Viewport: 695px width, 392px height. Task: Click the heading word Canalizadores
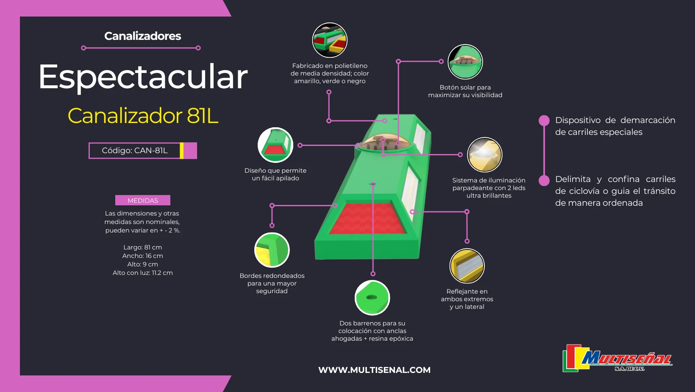pos(142,36)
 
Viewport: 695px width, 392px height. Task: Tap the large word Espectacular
pos(143,77)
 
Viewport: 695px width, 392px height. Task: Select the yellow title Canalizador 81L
pos(143,115)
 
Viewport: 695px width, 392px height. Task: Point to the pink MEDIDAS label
pos(142,200)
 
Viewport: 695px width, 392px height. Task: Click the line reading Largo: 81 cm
pos(142,247)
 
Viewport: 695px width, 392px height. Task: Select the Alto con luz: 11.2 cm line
pos(142,273)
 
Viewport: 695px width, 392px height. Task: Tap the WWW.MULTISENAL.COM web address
pos(374,370)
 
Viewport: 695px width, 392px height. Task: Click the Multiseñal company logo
pos(617,358)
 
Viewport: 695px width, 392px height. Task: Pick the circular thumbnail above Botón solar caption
pos(465,62)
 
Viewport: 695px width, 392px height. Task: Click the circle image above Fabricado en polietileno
pos(330,40)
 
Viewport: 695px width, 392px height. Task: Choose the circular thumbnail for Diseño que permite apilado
pos(275,145)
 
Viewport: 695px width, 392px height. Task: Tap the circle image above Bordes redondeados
pos(272,250)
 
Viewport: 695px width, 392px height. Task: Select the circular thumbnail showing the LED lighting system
pos(484,155)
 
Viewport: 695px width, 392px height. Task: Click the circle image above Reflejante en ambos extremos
pos(467,266)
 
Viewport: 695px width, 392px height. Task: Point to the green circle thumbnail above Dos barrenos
pos(372,297)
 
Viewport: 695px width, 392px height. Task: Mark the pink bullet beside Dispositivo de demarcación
pos(544,120)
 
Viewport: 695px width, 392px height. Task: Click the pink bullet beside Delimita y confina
pos(544,180)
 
